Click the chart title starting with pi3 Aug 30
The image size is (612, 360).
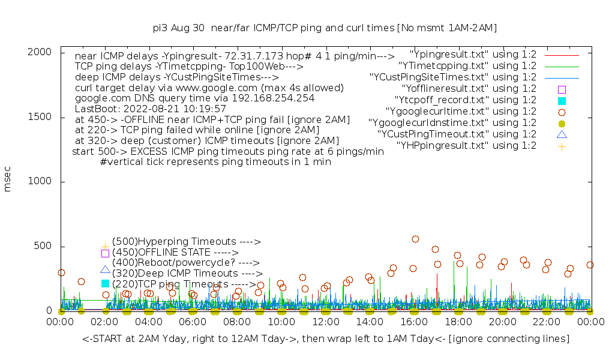pyautogui.click(x=325, y=28)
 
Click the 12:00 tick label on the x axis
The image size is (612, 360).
pyautogui.click(x=326, y=323)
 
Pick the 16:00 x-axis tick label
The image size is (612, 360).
pyautogui.click(x=414, y=323)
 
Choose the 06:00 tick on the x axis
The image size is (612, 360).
pyautogui.click(x=193, y=323)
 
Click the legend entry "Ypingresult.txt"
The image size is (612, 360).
pyautogui.click(x=473, y=54)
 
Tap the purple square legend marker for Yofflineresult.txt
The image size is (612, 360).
pyautogui.click(x=562, y=89)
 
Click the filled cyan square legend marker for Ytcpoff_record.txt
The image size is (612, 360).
pyautogui.click(x=562, y=100)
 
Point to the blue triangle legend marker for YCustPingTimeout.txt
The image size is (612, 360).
pyautogui.click(x=562, y=134)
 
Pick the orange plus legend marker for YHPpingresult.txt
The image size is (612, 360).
pyautogui.click(x=562, y=146)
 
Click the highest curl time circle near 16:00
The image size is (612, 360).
pyautogui.click(x=415, y=239)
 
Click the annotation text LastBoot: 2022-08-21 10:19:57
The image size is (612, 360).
pyautogui.click(x=150, y=109)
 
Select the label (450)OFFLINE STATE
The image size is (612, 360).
pyautogui.click(x=175, y=253)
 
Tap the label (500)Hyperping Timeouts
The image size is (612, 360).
pyautogui.click(x=186, y=242)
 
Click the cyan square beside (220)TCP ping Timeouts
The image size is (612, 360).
pyautogui.click(x=105, y=283)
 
